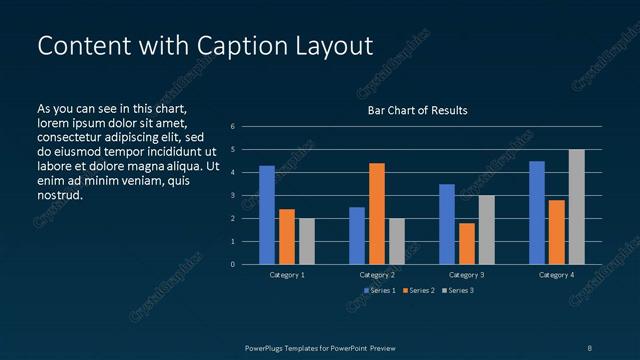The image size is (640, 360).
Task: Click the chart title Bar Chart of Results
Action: [x=417, y=110]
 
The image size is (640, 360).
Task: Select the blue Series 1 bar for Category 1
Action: [x=266, y=214]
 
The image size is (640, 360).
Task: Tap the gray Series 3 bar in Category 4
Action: [x=576, y=207]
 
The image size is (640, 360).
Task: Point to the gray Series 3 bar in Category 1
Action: [x=306, y=241]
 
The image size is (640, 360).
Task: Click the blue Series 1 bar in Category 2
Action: [x=357, y=235]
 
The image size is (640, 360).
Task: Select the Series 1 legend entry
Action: [x=380, y=290]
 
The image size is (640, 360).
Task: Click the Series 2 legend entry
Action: [x=419, y=290]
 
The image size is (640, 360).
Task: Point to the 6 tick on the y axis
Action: [x=232, y=127]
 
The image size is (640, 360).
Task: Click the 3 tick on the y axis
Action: [x=232, y=196]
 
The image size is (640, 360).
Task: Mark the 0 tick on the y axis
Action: [x=232, y=265]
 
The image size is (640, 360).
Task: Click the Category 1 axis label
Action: [x=287, y=274]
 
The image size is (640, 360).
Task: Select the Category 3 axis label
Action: [x=466, y=274]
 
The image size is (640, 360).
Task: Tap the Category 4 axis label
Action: [x=556, y=274]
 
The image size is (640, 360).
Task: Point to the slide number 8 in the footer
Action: [x=589, y=347]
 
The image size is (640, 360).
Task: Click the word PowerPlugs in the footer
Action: [x=267, y=347]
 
